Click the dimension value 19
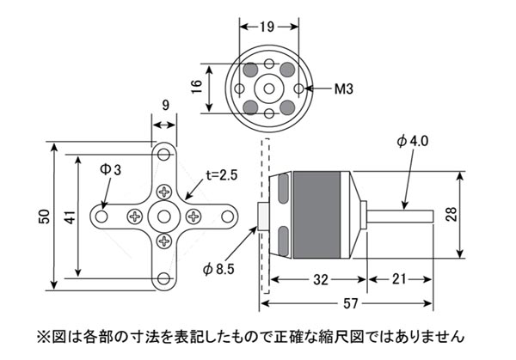coord(266,27)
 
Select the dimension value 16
coord(197,86)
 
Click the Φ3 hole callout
coord(110,171)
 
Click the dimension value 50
coord(45,217)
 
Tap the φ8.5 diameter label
coord(218,269)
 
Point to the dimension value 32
coord(319,279)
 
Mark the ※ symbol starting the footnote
coord(43,334)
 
